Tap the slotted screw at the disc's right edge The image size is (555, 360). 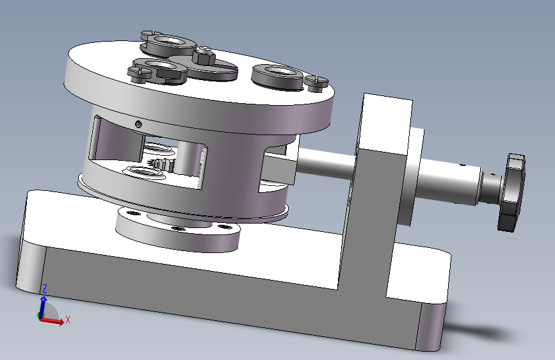tap(316, 82)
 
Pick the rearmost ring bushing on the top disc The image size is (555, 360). tap(168, 42)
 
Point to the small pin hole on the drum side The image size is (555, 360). tap(139, 124)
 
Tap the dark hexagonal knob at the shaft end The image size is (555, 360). tap(511, 193)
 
